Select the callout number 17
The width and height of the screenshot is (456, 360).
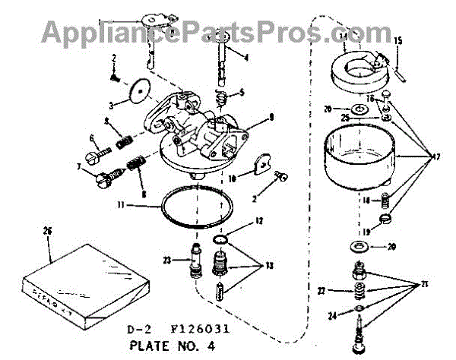tap(435, 157)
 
